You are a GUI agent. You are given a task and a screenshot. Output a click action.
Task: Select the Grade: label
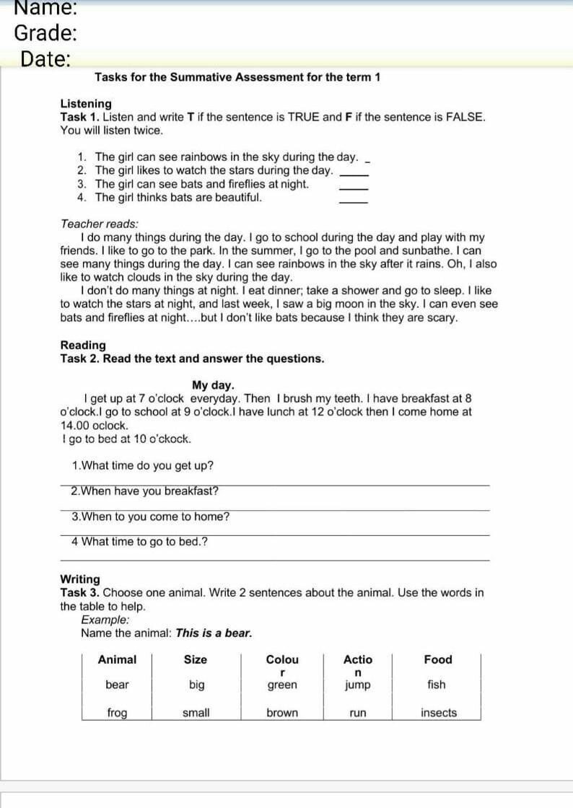45,33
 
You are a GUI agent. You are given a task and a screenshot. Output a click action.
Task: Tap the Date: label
45,59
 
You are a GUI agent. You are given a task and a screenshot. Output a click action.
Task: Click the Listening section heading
86,104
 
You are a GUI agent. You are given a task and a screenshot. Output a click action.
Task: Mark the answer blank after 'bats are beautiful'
354,200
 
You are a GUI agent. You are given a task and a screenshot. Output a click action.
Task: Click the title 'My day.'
213,385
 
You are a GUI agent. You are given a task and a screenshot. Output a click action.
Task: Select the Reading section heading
83,346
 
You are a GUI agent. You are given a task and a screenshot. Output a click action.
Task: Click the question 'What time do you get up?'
143,466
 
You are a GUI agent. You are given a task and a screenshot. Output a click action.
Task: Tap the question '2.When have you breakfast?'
144,491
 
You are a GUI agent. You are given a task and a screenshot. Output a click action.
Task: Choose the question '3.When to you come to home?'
150,517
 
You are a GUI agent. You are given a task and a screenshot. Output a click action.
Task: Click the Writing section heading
80,579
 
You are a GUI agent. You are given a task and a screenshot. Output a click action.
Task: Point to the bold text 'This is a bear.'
214,633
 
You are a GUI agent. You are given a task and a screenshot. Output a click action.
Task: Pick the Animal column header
117,659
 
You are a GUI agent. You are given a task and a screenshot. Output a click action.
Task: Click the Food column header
438,659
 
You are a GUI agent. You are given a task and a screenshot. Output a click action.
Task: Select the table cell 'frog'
117,713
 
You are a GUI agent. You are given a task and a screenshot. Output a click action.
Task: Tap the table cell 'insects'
439,713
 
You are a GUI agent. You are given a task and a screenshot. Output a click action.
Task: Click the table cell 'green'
282,685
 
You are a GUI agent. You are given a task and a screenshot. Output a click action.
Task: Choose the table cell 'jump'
358,685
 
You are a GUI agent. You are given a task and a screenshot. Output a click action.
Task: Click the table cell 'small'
196,713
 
